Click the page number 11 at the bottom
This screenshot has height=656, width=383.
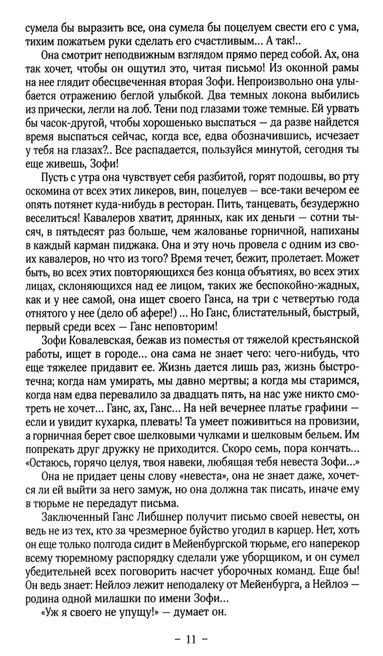pyautogui.click(x=191, y=639)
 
